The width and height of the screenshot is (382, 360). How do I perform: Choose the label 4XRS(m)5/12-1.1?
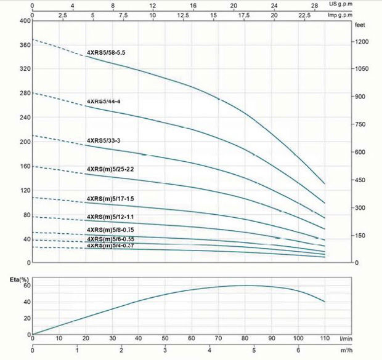[x=110, y=217]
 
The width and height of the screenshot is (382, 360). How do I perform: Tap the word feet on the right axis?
[x=360, y=26]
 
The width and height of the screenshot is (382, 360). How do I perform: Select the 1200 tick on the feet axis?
[x=362, y=42]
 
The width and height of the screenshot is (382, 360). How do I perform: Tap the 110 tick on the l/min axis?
[x=325, y=338]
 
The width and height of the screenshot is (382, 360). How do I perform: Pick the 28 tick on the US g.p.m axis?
[x=314, y=5]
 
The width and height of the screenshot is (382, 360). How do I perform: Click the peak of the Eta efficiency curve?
[x=246, y=286]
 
